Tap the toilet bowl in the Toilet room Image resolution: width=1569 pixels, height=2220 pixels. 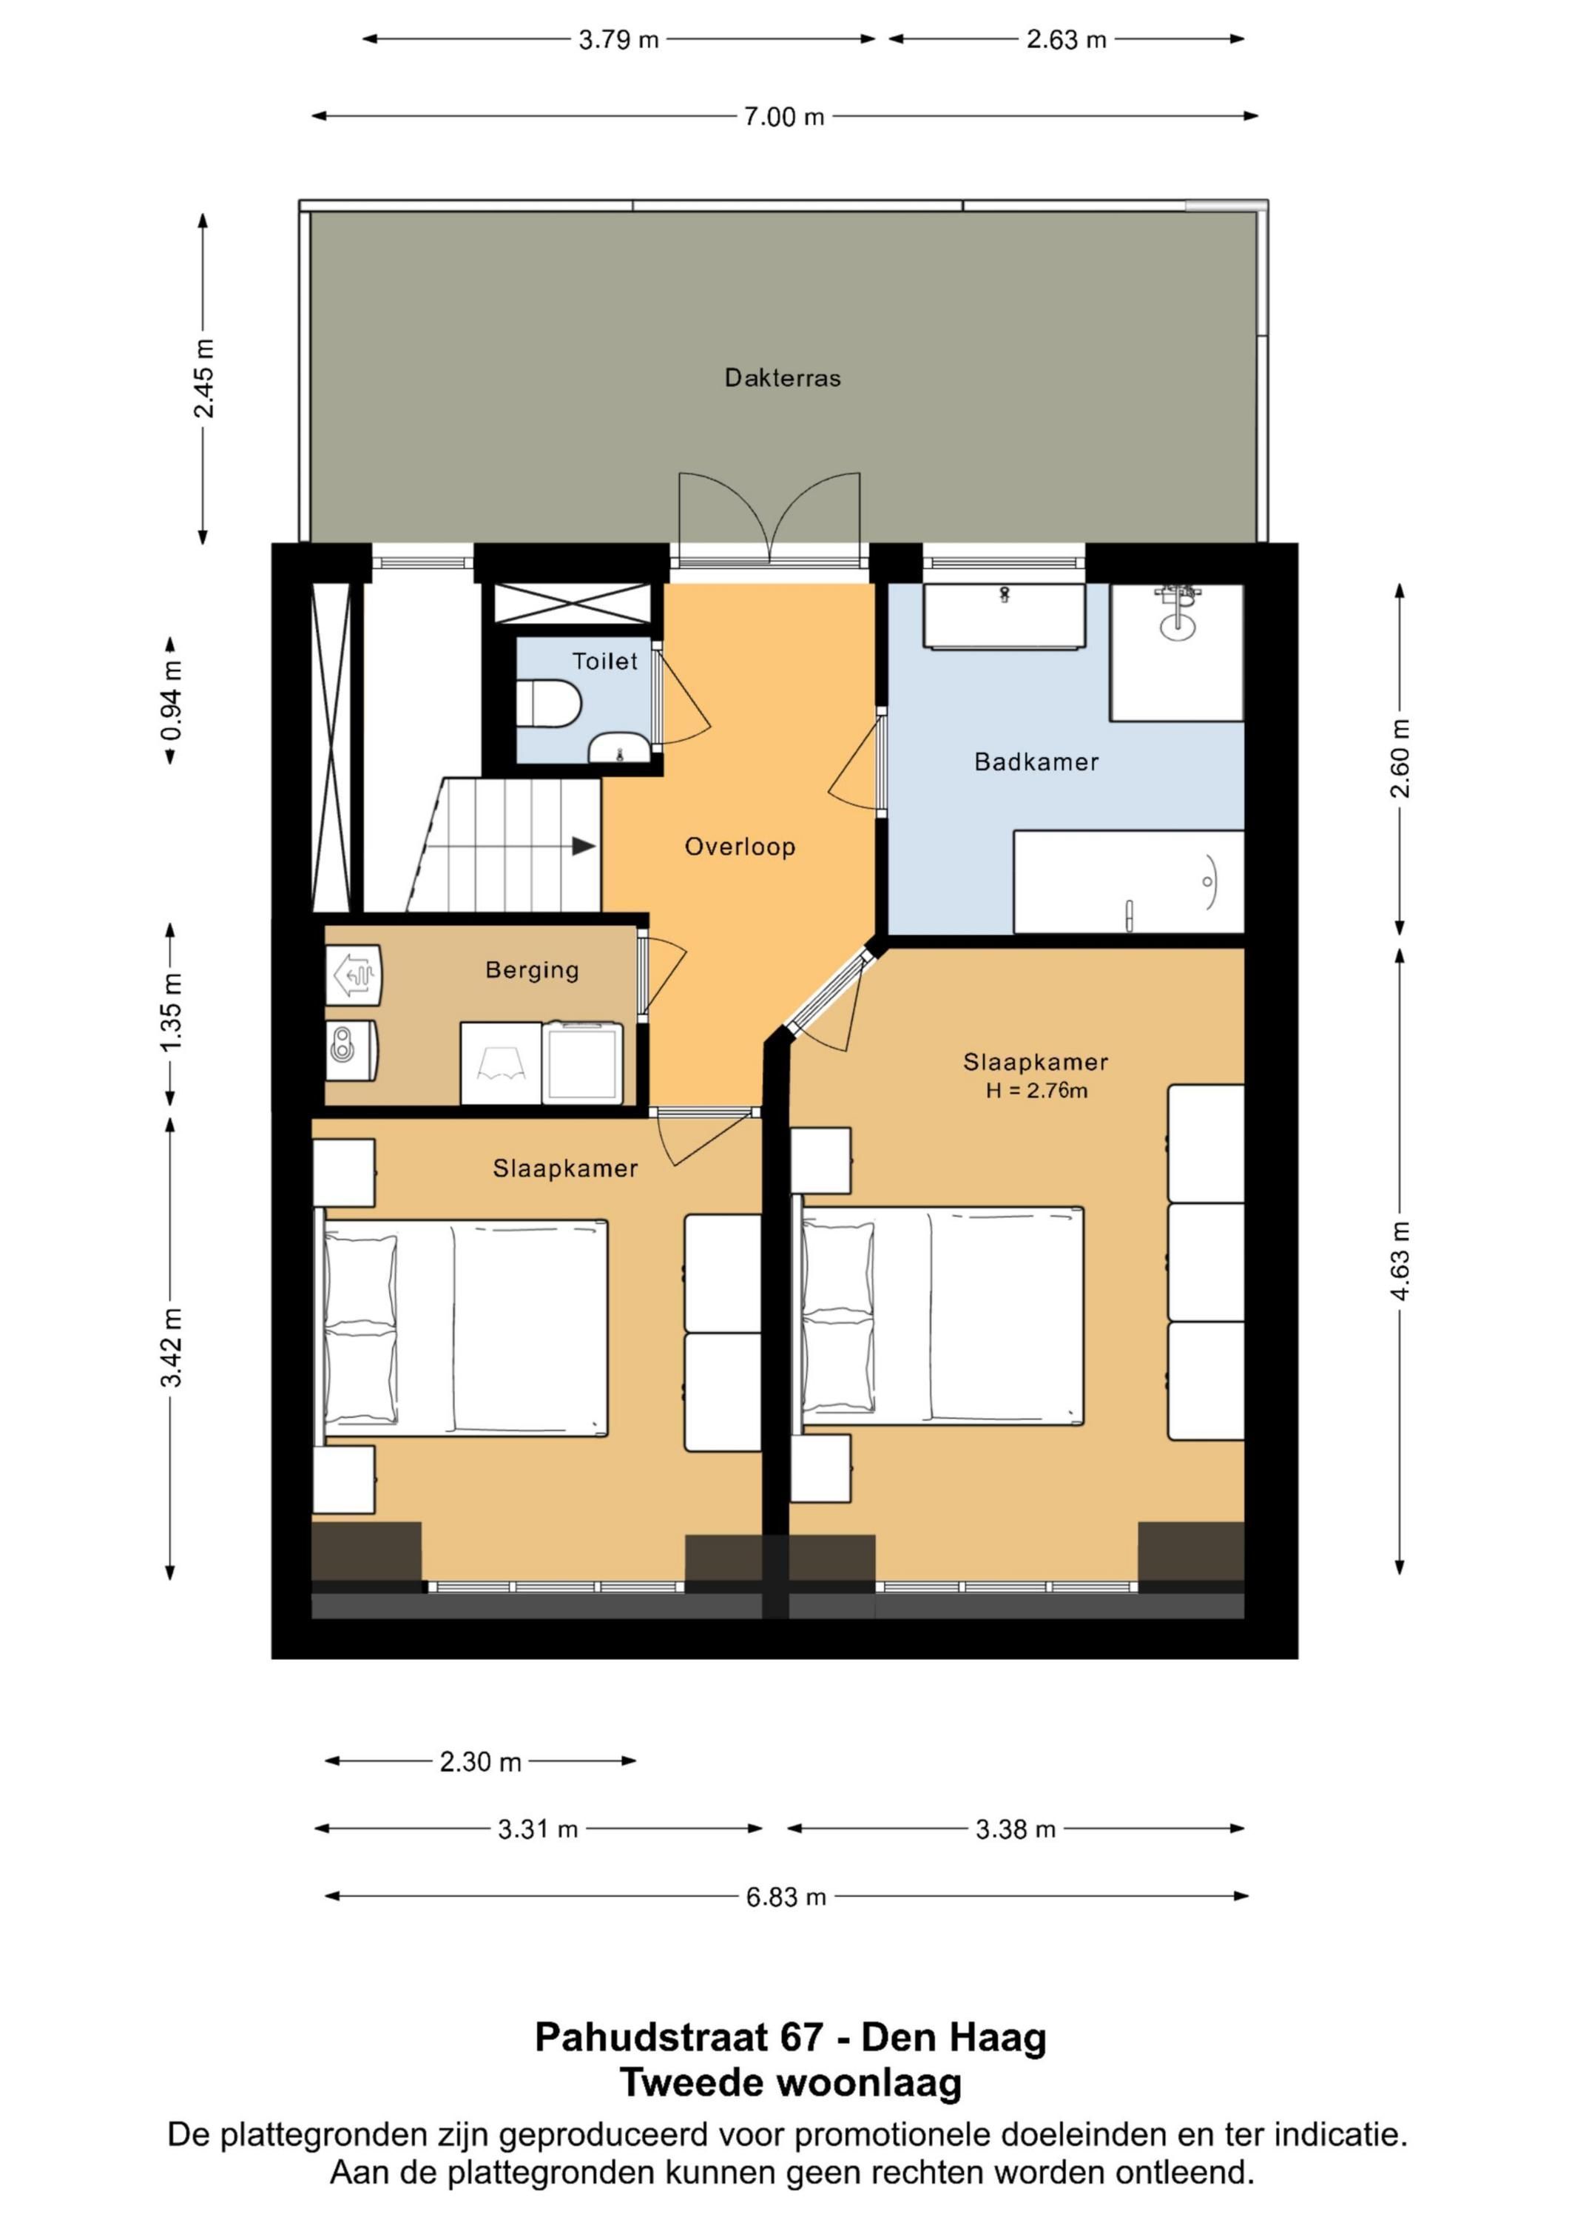[548, 703]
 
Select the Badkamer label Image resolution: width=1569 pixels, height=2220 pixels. [1036, 762]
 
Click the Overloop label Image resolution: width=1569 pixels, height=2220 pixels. [740, 847]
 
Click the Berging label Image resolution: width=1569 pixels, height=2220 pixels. [532, 970]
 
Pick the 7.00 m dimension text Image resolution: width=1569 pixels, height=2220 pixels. [784, 117]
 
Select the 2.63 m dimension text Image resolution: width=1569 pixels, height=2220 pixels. [1066, 40]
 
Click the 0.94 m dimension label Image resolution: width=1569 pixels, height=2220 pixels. [172, 700]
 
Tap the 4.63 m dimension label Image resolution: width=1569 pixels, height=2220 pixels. [1400, 1260]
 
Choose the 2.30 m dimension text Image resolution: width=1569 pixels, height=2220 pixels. [480, 1762]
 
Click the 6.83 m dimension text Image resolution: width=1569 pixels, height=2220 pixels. [786, 1897]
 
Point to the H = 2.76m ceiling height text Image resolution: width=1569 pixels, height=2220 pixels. [1036, 1091]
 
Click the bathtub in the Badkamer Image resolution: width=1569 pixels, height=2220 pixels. [1128, 882]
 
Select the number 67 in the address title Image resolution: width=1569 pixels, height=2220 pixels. [800, 2038]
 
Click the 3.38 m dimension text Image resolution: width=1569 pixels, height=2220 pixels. [1015, 1829]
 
